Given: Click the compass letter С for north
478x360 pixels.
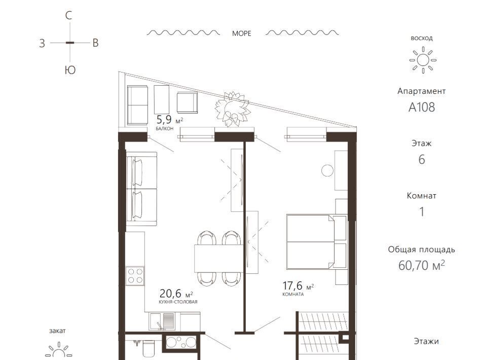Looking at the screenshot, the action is point(69,15).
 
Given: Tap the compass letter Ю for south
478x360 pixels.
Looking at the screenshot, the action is point(70,70).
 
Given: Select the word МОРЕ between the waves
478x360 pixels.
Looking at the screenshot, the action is point(241,33).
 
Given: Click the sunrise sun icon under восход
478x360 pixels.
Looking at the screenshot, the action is point(423,60).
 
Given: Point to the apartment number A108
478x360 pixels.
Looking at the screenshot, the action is point(422,107).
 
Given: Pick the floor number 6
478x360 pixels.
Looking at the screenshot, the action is point(422,159).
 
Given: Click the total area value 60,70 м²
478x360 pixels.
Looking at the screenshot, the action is point(421,265).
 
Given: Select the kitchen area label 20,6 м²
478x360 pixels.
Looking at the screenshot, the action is point(176,294).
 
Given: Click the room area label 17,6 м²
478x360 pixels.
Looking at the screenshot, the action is point(298,286).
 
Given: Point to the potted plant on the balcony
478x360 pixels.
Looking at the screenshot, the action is point(233,109).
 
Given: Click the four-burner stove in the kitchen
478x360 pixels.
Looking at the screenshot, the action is point(135,276).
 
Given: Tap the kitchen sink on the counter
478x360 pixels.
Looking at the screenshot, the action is point(162,321).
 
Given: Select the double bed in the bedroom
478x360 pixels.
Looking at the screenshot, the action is point(317,242).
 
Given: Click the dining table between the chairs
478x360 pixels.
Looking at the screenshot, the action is point(218,259).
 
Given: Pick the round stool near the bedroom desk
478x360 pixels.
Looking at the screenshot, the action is point(327,171).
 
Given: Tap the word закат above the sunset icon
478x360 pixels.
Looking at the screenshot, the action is point(57,331).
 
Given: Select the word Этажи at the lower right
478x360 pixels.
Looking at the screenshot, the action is point(426,341).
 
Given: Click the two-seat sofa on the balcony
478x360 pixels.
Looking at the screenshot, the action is point(137,105).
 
